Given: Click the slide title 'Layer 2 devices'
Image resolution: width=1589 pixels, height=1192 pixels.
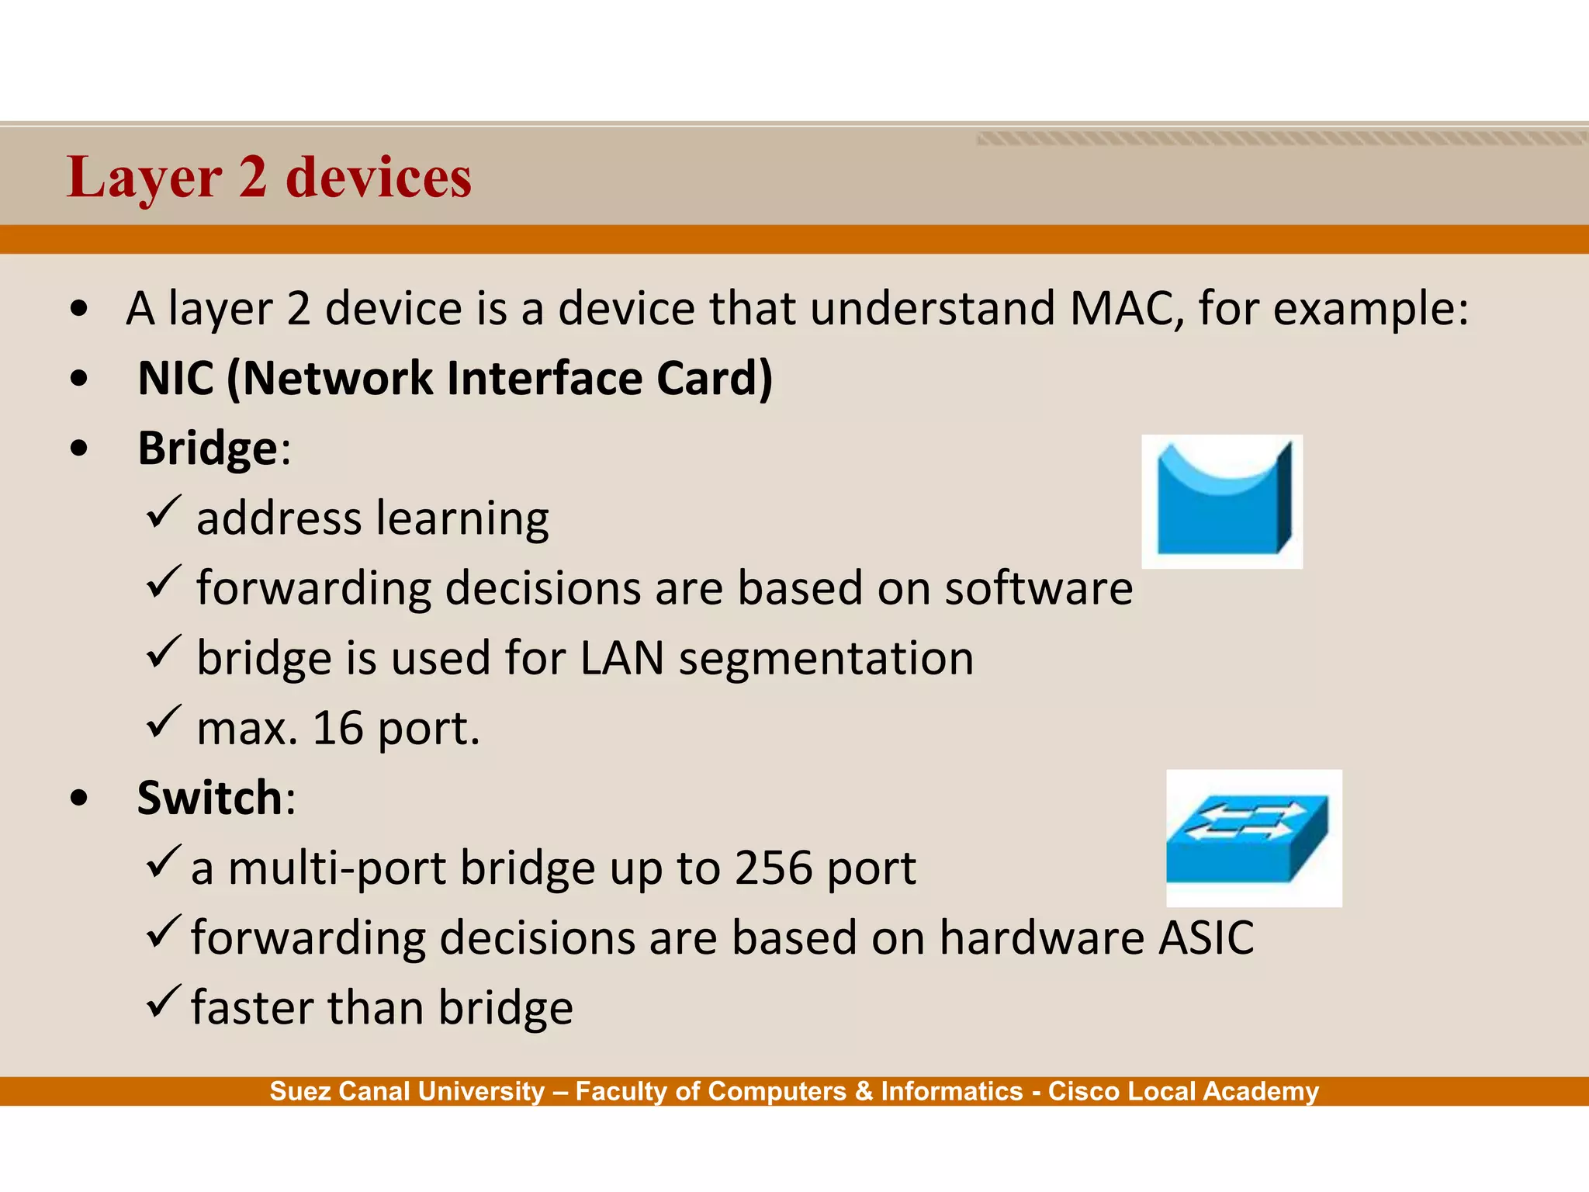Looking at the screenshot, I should (x=268, y=178).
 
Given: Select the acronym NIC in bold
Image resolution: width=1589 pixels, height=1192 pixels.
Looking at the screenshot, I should (x=175, y=379).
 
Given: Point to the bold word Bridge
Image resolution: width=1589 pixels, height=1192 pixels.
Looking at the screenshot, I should (x=207, y=449).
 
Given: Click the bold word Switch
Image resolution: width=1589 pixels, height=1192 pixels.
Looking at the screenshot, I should (x=209, y=798).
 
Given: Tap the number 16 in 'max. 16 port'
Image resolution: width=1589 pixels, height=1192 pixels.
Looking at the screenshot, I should (x=338, y=729).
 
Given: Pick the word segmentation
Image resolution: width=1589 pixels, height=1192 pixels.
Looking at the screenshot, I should (x=826, y=658).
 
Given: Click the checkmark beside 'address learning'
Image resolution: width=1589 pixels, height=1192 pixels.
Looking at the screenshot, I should (x=163, y=513).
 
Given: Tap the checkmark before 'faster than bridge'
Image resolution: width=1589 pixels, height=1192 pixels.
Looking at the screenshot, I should (x=163, y=1002).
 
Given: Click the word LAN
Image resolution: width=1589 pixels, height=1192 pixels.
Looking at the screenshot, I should (x=621, y=658).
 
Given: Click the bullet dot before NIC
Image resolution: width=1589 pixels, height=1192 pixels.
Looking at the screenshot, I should (x=78, y=379).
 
